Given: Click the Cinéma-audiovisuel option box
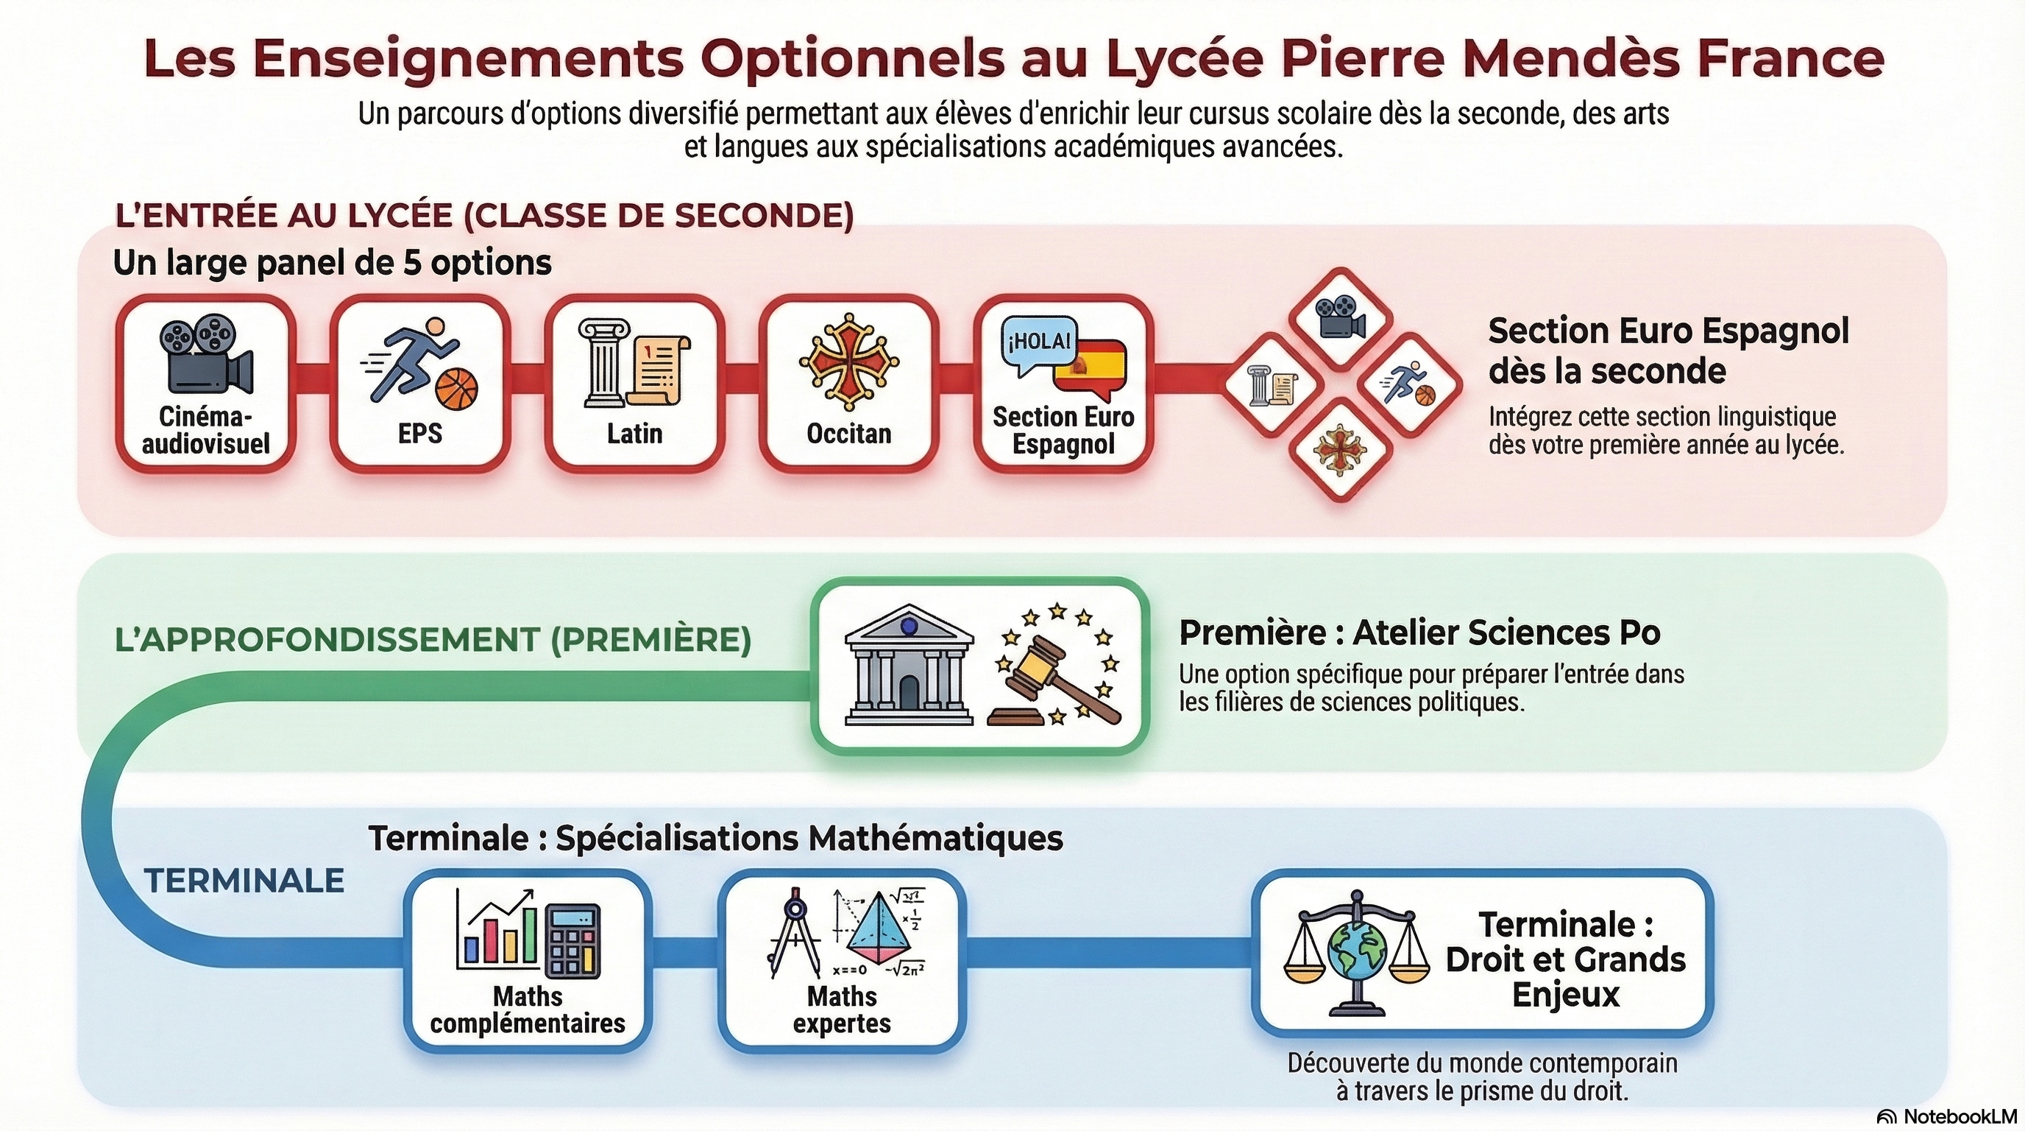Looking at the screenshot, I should (206, 384).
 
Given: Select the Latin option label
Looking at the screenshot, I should (634, 434).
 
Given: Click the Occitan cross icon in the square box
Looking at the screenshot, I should (848, 362).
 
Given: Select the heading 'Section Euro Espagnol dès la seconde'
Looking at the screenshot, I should (1668, 350).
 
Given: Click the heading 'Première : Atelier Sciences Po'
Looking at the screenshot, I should (1419, 633).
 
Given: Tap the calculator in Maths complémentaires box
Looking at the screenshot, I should (573, 942).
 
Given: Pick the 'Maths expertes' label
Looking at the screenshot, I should (841, 1010).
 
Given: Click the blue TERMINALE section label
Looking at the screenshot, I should (244, 881).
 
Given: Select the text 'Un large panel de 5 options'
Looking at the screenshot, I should (333, 263).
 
